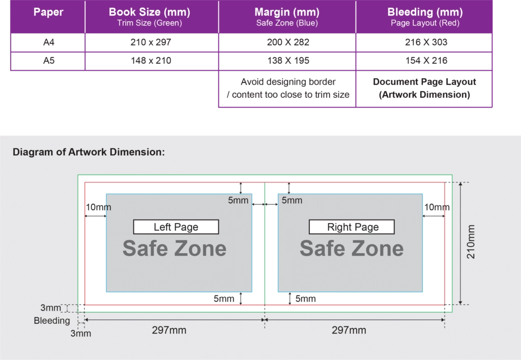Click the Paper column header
(x=48, y=12)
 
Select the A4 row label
(x=49, y=42)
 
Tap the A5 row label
(x=49, y=61)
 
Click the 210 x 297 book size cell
(x=151, y=42)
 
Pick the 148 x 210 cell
(x=151, y=61)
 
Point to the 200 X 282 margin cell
(x=288, y=42)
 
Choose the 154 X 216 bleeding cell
(x=426, y=61)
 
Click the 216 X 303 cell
(x=426, y=42)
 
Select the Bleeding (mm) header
(x=425, y=12)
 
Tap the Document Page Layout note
(x=424, y=88)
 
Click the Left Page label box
(x=176, y=227)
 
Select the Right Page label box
(x=352, y=227)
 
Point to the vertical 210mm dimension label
(x=471, y=242)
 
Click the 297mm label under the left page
(x=169, y=330)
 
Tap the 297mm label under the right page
(x=349, y=330)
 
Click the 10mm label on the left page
(x=98, y=207)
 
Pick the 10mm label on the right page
(x=437, y=207)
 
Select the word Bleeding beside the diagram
(x=52, y=320)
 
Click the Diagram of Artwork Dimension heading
(x=89, y=152)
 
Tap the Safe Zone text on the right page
(x=352, y=248)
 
